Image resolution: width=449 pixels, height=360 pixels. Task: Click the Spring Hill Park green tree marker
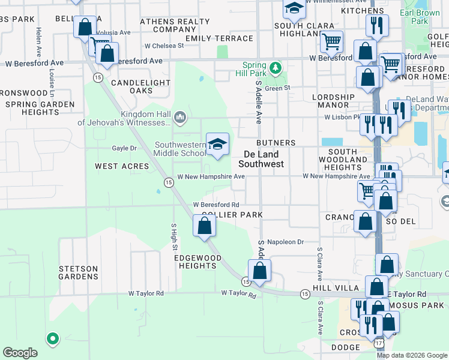[x=275, y=67]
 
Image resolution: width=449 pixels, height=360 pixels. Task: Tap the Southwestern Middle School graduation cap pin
[x=217, y=144]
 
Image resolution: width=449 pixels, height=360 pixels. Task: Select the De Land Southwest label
[x=261, y=158]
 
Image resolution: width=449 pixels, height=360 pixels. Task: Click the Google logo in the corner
[x=20, y=353]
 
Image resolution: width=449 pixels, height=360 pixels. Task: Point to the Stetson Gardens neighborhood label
[x=78, y=272]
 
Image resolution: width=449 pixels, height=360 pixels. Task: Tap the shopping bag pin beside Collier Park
[x=205, y=226]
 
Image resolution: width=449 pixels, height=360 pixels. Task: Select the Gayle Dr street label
[x=124, y=148]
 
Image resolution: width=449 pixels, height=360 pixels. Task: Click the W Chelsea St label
[x=164, y=46]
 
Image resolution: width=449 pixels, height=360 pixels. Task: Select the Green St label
[x=277, y=88]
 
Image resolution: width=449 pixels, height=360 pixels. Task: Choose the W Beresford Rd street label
[x=216, y=205]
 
